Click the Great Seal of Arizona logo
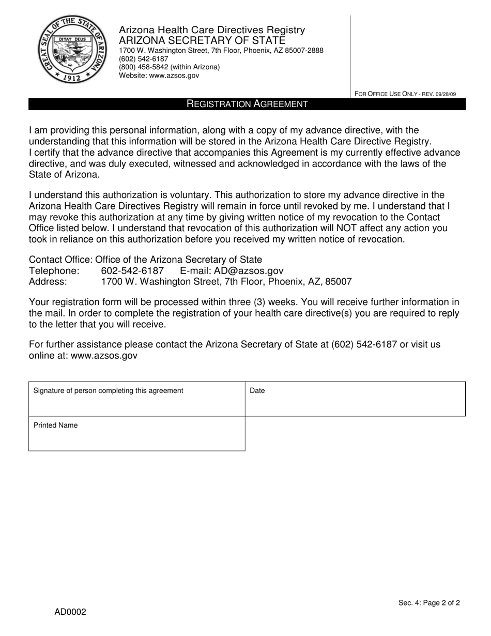click(71, 49)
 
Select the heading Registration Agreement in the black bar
click(247, 104)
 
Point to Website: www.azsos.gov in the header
click(159, 75)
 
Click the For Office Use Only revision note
click(405, 94)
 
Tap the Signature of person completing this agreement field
click(136, 399)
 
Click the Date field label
click(257, 391)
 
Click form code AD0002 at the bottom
click(70, 612)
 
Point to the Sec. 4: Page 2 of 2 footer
click(429, 603)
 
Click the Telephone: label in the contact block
click(54, 270)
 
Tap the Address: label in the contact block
click(48, 282)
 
